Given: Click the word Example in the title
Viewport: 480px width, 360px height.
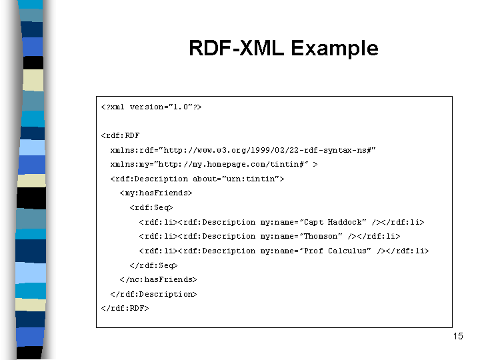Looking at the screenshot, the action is point(335,49).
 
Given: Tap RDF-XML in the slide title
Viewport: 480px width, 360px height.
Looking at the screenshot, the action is point(236,48).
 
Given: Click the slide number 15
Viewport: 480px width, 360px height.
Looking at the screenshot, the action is point(458,336).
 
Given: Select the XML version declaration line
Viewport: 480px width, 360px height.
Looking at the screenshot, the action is point(151,107).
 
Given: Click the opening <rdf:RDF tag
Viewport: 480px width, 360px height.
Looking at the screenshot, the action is point(120,135).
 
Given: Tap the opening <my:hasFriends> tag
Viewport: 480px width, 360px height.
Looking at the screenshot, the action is point(156,193).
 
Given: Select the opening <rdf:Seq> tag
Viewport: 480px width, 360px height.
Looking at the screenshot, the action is point(151,207).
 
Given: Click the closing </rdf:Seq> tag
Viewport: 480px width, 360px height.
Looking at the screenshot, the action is point(154,265).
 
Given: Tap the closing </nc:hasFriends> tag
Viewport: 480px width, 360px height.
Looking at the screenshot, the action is point(158,279).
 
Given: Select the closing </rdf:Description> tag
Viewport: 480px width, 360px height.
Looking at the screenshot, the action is point(154,294).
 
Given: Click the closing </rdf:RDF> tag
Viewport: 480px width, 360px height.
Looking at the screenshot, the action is point(125,308).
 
